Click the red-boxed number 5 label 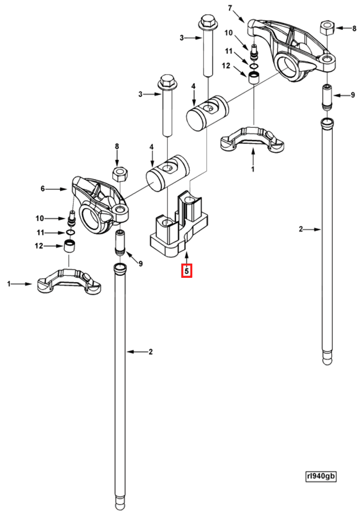[187, 271]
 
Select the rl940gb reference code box [321, 476]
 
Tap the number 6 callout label [43, 189]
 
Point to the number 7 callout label [231, 8]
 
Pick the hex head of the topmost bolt [207, 22]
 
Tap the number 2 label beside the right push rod [300, 230]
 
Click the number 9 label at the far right [352, 95]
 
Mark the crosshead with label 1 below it [253, 139]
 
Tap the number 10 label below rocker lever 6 [40, 218]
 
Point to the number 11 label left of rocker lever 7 [229, 51]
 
